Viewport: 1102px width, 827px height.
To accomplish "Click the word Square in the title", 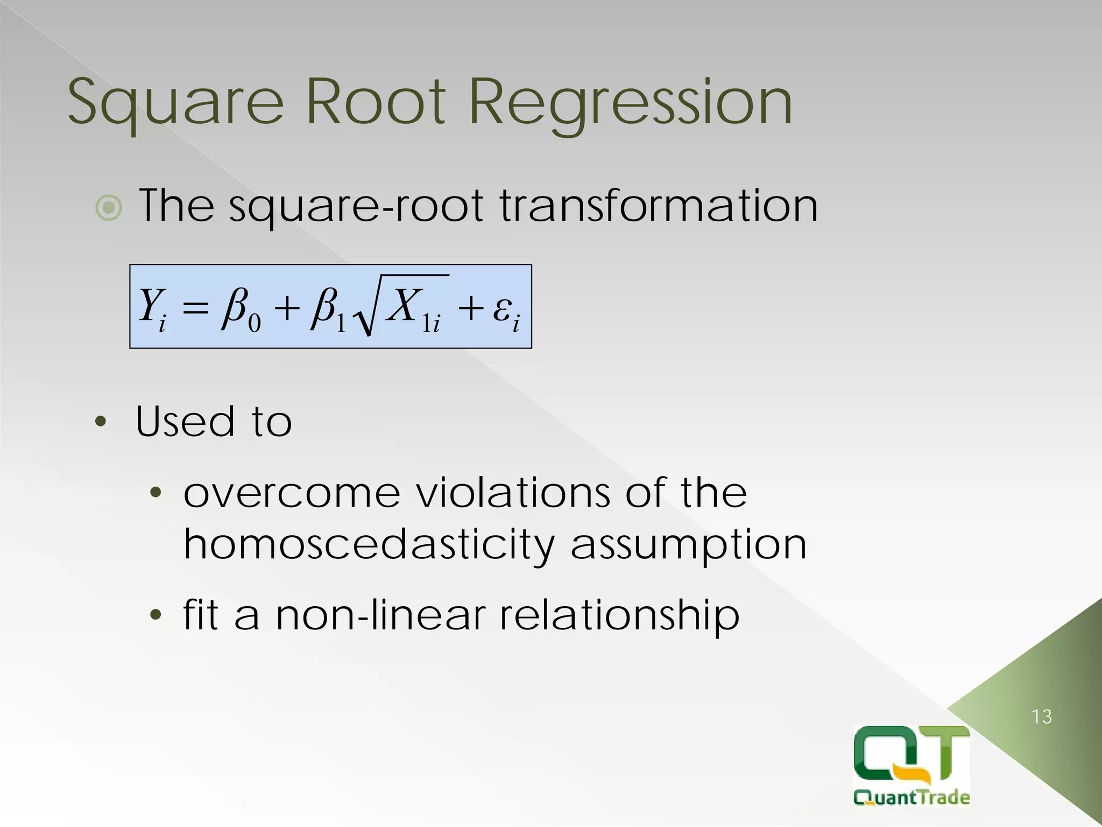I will coord(175,102).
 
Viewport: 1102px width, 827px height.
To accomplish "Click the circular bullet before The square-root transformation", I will coord(109,208).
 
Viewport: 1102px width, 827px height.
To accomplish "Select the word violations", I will coord(514,493).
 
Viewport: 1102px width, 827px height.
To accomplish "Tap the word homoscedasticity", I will coord(369,545).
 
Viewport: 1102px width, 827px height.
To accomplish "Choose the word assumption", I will coord(689,545).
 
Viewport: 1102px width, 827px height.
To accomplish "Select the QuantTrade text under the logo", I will coord(912,797).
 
